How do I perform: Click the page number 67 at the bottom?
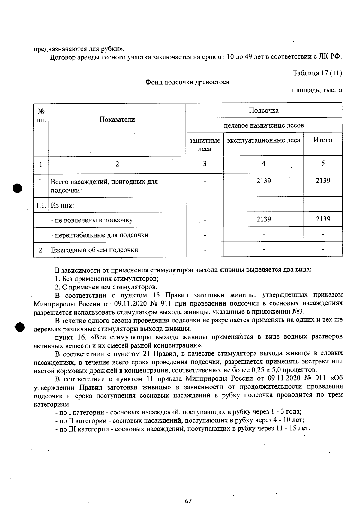coord(188,501)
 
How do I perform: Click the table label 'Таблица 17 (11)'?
coord(317,73)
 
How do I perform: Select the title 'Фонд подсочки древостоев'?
coord(187,82)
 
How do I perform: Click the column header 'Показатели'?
coord(117,119)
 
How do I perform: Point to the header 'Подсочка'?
coord(264,110)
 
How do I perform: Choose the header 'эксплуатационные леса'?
coord(263,140)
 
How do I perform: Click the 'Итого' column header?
coord(323,140)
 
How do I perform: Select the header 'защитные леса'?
coord(205,145)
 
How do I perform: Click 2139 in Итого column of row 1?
coord(323,181)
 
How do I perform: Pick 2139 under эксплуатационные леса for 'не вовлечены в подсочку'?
coord(264,219)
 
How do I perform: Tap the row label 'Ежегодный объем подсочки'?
coord(94,250)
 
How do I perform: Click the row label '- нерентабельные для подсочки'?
coord(100,235)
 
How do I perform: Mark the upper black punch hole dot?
coord(18,188)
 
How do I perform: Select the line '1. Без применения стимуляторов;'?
coord(107,278)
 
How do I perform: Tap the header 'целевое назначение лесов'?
coord(264,125)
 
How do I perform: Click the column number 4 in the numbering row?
coord(263,164)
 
